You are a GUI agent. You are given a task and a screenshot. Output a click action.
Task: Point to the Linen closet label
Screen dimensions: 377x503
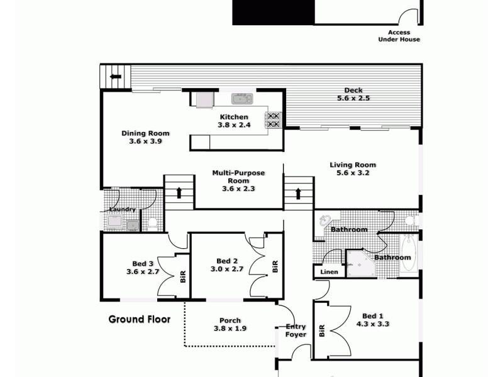point(329,272)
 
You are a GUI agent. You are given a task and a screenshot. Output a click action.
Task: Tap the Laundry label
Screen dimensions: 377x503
point(122,209)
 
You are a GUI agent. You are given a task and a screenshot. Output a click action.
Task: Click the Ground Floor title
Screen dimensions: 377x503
point(140,319)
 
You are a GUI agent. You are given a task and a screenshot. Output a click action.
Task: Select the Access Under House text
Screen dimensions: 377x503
point(399,36)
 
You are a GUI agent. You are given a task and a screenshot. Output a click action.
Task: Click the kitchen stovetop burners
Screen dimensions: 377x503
point(274,120)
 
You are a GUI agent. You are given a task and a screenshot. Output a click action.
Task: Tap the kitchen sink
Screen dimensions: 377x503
point(241,99)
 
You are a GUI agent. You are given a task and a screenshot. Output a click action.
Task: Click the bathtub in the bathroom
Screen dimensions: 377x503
point(408,252)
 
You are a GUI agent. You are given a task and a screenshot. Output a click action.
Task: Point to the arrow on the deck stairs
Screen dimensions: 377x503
point(116,77)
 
